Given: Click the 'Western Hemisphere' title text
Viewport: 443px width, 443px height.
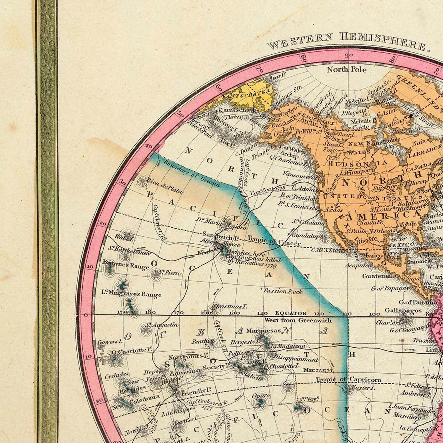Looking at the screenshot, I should tap(347, 41).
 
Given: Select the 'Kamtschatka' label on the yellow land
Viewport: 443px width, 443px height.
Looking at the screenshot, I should tap(247, 95).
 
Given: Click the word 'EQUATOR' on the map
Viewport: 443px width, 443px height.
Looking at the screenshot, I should tap(291, 313).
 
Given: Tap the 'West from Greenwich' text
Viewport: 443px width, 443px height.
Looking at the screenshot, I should tap(298, 320).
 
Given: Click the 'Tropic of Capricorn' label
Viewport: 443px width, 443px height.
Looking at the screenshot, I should tap(348, 380).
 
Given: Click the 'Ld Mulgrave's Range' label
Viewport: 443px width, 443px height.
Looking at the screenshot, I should tap(131, 293).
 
